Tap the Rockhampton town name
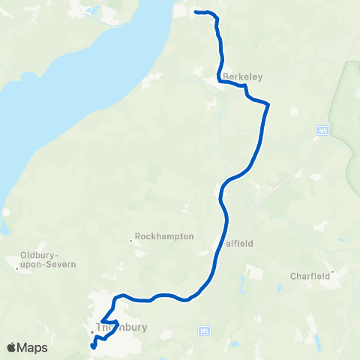[x=165, y=236]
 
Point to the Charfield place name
[x=310, y=275]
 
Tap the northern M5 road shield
[x=323, y=131]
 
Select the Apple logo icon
[x=12, y=347]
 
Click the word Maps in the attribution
[x=33, y=347]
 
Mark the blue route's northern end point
[x=196, y=12]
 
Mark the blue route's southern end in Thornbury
[x=93, y=346]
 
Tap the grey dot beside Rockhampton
[x=131, y=241]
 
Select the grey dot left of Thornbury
[x=91, y=331]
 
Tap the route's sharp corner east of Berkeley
[x=268, y=106]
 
